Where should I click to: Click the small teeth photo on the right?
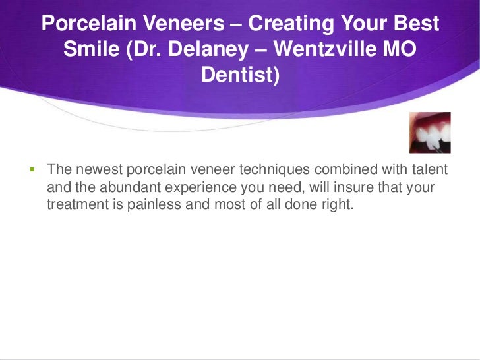[430, 133]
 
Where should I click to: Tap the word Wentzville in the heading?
[332, 49]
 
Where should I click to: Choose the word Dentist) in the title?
[240, 75]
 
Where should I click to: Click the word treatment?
[76, 205]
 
